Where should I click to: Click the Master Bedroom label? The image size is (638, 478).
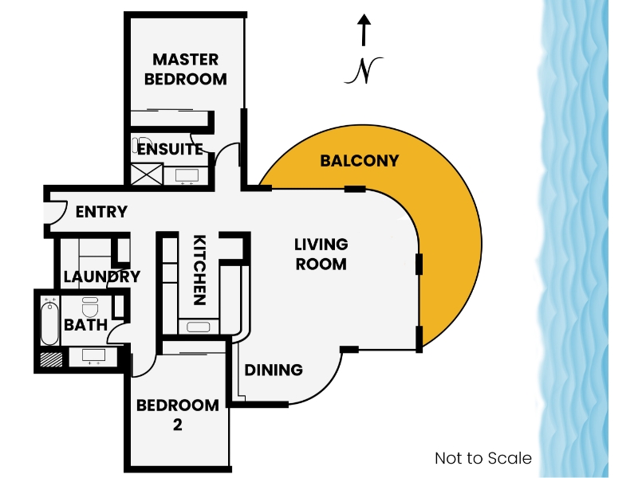coord(186,69)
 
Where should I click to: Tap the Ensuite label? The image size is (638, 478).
coord(170,149)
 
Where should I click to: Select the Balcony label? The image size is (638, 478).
coord(360,161)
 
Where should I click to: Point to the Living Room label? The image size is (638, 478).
coord(321,254)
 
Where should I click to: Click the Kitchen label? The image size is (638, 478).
coord(199,270)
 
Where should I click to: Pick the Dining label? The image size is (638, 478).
coord(274,370)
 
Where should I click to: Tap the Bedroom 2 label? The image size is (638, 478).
coord(177,414)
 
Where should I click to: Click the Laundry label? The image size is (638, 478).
coord(102,276)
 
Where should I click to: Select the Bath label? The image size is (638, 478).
coord(86,325)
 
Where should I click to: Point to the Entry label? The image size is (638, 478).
coord(101,212)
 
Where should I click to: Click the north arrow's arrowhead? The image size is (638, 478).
coord(364,19)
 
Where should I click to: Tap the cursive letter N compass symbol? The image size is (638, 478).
coord(364,71)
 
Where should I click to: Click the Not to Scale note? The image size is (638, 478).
coord(483,458)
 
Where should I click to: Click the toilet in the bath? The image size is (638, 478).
coord(90,308)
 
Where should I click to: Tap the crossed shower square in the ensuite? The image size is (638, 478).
coord(147,174)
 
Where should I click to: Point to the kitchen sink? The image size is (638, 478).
coord(198,327)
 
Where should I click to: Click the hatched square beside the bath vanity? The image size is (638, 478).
coord(51,359)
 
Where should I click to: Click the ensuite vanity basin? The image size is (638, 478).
coord(187,175)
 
